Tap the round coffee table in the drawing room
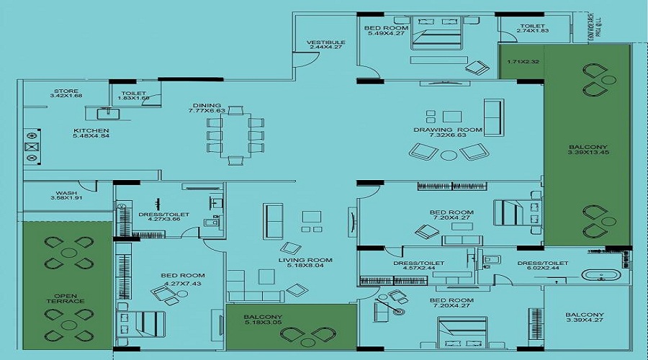click(x=449, y=154)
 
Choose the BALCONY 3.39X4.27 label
click(x=585, y=319)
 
